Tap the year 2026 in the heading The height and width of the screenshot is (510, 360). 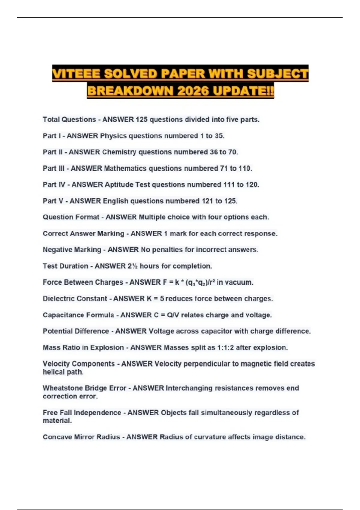[193, 91]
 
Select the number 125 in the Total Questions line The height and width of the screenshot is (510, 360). [142, 119]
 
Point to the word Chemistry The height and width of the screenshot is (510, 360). [119, 152]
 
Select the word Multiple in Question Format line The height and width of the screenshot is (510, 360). [152, 217]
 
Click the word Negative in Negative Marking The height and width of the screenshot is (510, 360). [56, 250]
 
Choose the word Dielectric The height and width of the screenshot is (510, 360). [59, 298]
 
